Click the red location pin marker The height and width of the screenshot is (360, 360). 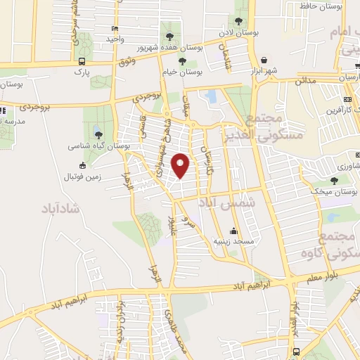point(181,166)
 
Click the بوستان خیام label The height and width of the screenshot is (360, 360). point(184,71)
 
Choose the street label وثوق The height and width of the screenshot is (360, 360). point(127,63)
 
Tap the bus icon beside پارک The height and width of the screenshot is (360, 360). point(82,61)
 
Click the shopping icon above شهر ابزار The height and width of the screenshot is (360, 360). point(264,60)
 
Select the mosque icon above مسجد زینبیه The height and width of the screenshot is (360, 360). point(233,231)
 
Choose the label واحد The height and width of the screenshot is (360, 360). point(115,39)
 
